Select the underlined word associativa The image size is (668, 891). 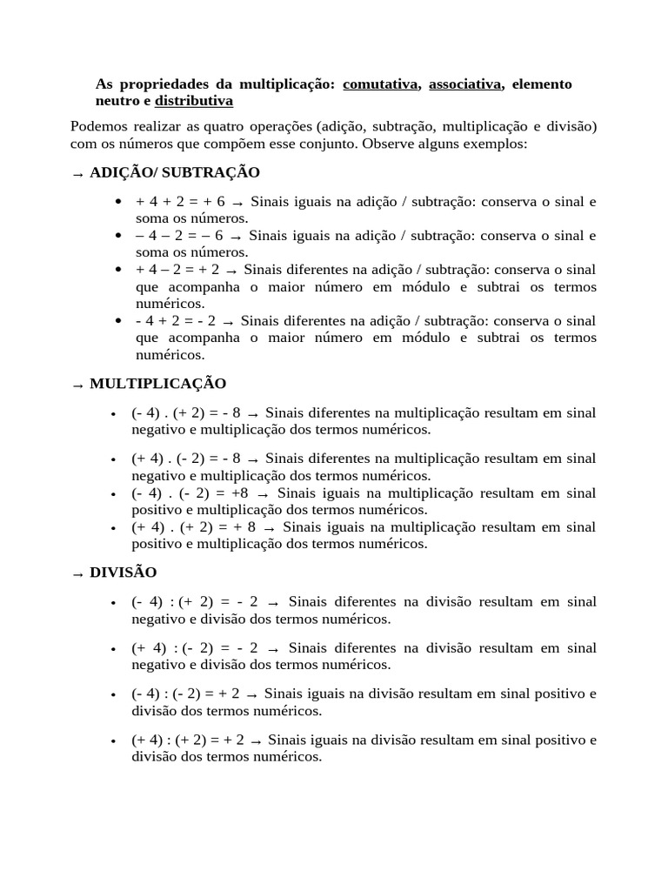[464, 84]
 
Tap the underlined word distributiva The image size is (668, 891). [194, 101]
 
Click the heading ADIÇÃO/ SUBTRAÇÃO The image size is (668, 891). [174, 173]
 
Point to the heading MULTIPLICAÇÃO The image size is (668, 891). [157, 384]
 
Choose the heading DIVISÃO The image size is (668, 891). [123, 573]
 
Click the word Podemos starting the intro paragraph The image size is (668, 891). [99, 127]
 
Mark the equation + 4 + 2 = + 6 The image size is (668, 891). [180, 202]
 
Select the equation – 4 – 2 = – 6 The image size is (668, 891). [179, 236]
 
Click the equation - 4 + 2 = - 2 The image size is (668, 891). [176, 321]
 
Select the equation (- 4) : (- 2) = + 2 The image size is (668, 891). [186, 694]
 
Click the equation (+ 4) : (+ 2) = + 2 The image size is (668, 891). [188, 740]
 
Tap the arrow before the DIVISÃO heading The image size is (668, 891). [77, 574]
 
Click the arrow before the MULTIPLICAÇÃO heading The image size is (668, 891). [77, 385]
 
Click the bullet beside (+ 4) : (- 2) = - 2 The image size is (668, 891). [114, 649]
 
